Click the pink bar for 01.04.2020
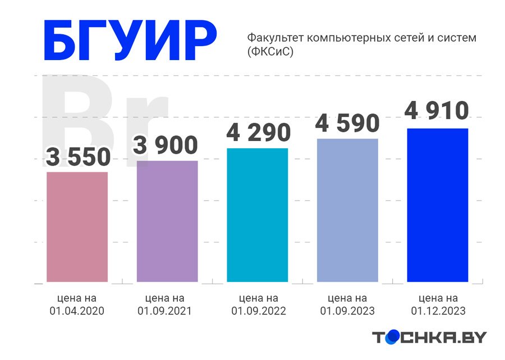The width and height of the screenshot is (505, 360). point(77,226)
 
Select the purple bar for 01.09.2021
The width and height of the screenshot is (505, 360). point(167,221)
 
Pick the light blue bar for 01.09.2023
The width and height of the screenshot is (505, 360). point(347,209)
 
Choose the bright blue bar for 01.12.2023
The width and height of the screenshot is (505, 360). point(437,205)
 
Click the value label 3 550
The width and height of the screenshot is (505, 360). point(78,158)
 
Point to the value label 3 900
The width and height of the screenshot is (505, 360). point(166,145)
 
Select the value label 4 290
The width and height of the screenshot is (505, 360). point(258,133)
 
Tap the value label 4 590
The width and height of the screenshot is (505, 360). point(347,124)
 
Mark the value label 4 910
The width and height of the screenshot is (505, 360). point(437,111)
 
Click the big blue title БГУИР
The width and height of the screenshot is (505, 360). point(129,42)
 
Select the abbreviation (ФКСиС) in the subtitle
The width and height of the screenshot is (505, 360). point(270,52)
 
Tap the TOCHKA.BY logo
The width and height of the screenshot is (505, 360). point(429,337)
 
